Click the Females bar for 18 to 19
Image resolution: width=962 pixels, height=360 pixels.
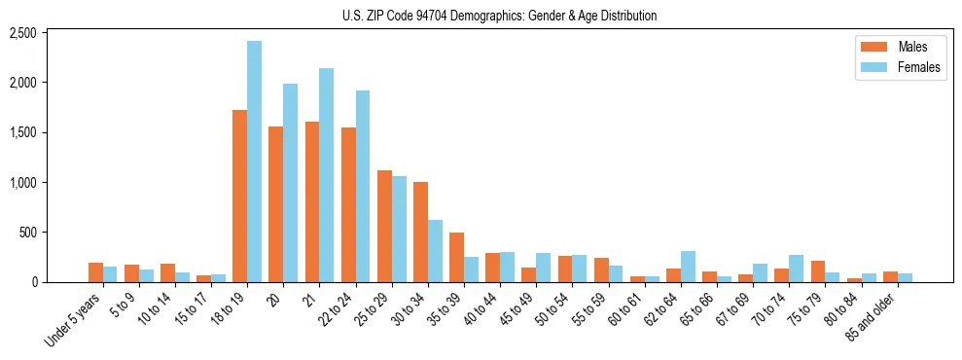click(254, 162)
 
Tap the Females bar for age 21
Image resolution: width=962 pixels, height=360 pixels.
click(326, 175)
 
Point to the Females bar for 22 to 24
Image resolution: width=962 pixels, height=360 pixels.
click(362, 186)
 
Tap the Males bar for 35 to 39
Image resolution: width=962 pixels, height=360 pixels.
click(456, 257)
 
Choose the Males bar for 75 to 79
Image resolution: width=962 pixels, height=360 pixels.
click(818, 271)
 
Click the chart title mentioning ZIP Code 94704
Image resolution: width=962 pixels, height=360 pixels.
click(499, 16)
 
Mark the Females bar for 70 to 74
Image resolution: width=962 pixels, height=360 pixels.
click(796, 269)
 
